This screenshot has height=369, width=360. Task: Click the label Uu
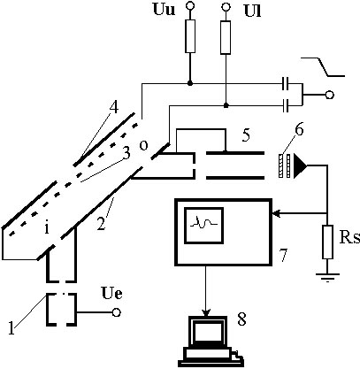[x=164, y=9]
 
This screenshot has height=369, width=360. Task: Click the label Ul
[x=253, y=11]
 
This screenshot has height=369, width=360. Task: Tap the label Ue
[x=111, y=293]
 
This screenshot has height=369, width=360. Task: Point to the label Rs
[x=350, y=238]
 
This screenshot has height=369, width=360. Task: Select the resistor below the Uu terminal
[x=190, y=36]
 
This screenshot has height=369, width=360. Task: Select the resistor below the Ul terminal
[x=226, y=37]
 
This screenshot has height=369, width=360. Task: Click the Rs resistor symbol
[x=328, y=242]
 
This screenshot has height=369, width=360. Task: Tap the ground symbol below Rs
[x=328, y=278]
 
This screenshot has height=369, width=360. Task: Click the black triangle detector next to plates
[x=300, y=165]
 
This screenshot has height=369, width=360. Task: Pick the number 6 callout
[x=299, y=129]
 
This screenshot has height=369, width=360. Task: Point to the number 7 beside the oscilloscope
[x=283, y=255]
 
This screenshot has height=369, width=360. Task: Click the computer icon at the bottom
[x=211, y=342]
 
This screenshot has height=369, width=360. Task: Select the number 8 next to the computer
[x=241, y=319]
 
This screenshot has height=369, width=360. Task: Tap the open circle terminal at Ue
[x=117, y=312]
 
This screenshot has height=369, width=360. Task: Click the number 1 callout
[x=11, y=329]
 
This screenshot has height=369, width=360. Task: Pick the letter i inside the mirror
[x=47, y=228]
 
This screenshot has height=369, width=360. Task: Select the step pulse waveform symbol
[x=323, y=66]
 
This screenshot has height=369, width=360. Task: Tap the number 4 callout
[x=114, y=108]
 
